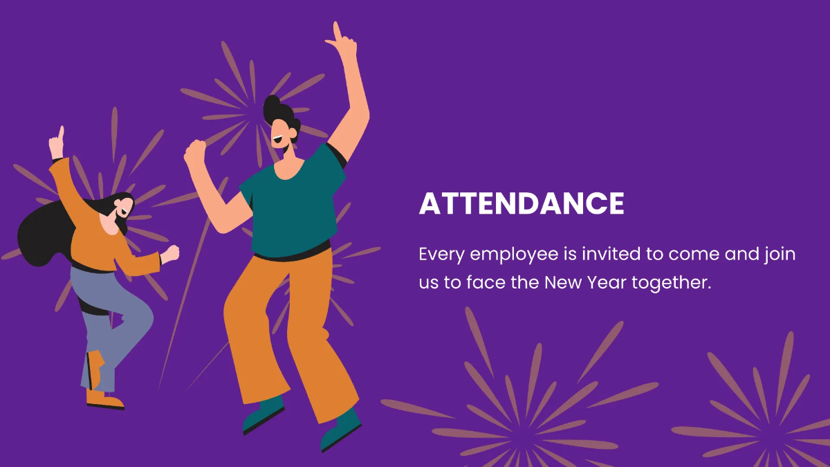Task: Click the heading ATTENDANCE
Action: pyautogui.click(x=522, y=204)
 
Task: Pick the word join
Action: pyautogui.click(x=781, y=255)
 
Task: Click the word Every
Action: pyautogui.click(x=441, y=255)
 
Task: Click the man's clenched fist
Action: pyautogui.click(x=196, y=152)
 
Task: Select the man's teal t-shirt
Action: pyautogui.click(x=294, y=208)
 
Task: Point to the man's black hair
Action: pyautogui.click(x=277, y=111)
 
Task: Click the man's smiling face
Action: pyautogui.click(x=283, y=134)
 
